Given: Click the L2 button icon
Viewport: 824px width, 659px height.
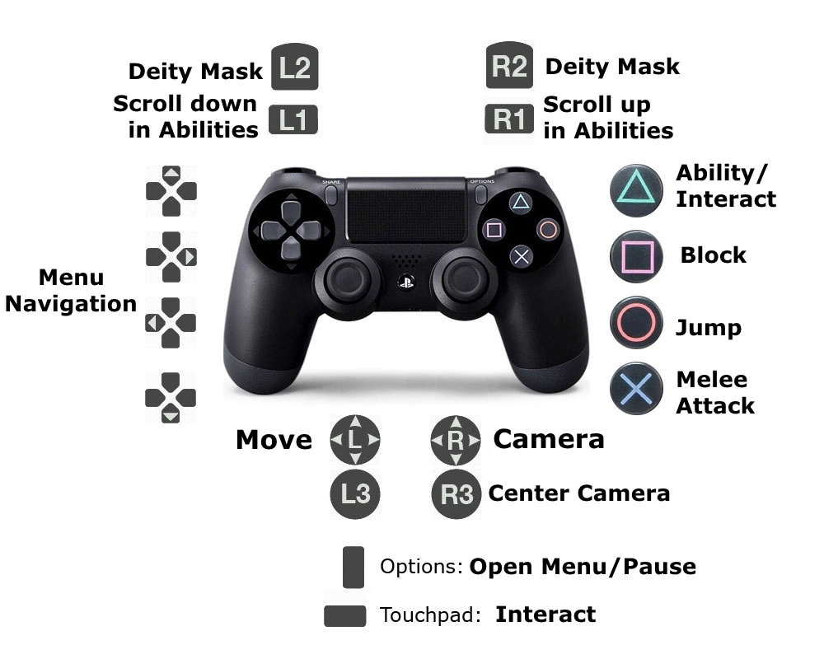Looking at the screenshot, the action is pyautogui.click(x=294, y=68).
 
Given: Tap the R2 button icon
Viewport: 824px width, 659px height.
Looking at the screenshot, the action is pyautogui.click(x=509, y=66).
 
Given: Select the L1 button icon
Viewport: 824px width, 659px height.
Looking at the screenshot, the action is pyautogui.click(x=293, y=120).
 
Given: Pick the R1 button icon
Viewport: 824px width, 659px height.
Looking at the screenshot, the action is pyautogui.click(x=508, y=119).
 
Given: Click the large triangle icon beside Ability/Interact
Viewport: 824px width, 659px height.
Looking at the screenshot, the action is pyautogui.click(x=636, y=189).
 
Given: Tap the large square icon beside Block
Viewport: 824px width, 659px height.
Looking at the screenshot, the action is pyautogui.click(x=636, y=256).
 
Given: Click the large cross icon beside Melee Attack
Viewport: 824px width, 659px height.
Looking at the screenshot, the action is pyautogui.click(x=636, y=388).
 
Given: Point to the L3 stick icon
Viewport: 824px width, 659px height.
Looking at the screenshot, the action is pyautogui.click(x=355, y=493).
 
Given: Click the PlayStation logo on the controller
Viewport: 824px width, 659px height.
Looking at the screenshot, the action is pyautogui.click(x=405, y=282).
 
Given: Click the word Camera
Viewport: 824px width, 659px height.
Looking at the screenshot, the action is pyautogui.click(x=548, y=439).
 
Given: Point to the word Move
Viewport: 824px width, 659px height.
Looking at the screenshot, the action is pyautogui.click(x=274, y=440).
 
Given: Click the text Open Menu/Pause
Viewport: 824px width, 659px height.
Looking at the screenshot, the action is pyautogui.click(x=583, y=567).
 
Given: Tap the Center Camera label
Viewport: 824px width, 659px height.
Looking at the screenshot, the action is pyautogui.click(x=578, y=493).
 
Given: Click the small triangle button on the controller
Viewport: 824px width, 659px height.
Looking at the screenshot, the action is pyautogui.click(x=520, y=202).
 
